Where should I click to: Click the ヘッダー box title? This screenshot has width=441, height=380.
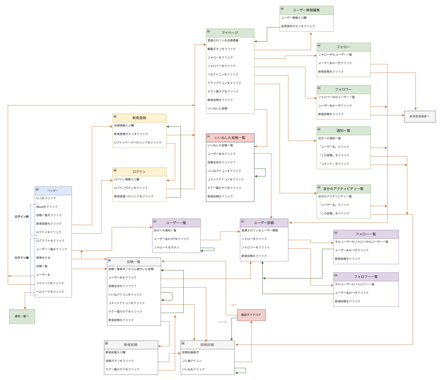(53, 191)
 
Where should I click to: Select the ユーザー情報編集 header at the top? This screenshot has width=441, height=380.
(306, 10)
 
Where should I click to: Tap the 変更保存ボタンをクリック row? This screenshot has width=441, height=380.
(298, 26)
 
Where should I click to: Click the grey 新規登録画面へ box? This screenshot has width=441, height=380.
(419, 116)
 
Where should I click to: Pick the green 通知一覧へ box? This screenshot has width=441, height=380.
(22, 316)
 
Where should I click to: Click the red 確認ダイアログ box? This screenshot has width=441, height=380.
(251, 315)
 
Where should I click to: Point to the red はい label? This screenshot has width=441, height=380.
(234, 305)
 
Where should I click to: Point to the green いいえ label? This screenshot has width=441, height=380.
(223, 322)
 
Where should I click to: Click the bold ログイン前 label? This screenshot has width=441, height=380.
(22, 217)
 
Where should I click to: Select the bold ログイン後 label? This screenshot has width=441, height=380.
(22, 258)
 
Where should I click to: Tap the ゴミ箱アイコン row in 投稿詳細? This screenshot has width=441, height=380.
(192, 361)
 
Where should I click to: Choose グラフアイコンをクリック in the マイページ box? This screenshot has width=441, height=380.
(224, 83)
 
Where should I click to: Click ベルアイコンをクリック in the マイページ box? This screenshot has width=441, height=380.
(223, 74)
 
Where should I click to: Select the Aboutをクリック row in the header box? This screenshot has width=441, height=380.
(47, 207)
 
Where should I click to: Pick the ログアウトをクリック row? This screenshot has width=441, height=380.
(50, 241)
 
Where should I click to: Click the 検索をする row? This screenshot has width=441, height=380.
(43, 258)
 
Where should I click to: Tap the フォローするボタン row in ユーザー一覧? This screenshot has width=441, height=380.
(166, 247)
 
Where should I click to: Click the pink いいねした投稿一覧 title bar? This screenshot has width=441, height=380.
(230, 138)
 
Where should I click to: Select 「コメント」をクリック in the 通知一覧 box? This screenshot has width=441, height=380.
(334, 164)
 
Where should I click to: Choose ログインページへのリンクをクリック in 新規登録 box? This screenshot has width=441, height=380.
(138, 142)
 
